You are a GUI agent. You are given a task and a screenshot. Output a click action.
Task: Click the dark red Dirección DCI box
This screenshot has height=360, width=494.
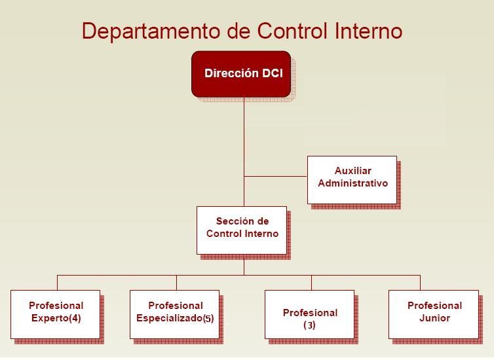[241, 74]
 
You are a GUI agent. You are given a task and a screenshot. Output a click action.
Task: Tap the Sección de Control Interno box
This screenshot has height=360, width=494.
[242, 230]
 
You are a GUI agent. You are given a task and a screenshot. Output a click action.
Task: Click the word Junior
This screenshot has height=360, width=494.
[434, 318]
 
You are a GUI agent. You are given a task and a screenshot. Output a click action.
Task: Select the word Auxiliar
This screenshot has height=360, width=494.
[352, 171]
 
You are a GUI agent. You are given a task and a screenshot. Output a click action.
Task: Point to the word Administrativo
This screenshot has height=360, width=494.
[352, 183]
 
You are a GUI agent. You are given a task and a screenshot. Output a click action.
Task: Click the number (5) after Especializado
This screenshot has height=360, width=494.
[208, 319]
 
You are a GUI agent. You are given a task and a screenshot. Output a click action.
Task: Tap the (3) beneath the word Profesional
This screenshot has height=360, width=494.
[309, 325]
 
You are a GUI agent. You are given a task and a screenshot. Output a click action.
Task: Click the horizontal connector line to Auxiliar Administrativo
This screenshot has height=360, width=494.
[275, 177]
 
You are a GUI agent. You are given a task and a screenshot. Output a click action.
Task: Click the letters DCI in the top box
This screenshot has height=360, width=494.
[273, 73]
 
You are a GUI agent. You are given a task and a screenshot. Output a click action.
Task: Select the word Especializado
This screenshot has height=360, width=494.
[168, 319]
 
